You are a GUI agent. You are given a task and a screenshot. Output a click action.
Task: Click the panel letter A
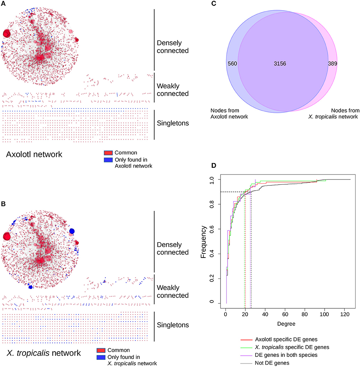click(3, 3)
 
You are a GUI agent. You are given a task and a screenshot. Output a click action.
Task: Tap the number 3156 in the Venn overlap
click(280, 64)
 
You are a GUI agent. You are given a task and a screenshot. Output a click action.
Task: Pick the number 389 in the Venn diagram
click(332, 64)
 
